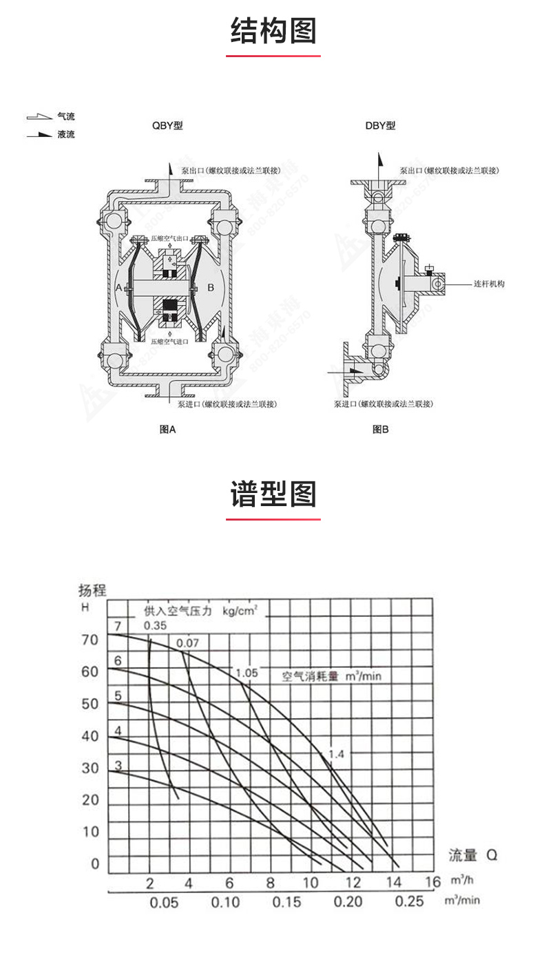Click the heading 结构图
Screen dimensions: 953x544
pos(273,31)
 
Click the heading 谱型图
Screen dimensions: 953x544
pos(273,494)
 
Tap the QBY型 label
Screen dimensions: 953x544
pos(167,126)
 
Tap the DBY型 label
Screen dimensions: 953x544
pos(380,126)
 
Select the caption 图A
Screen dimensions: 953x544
pos(168,429)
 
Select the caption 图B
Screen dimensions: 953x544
pos(381,429)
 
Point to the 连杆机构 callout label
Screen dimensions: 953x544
pos(489,284)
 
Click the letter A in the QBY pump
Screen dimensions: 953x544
pos(118,287)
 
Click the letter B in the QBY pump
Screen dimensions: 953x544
pos(211,287)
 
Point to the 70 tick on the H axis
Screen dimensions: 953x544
pos(90,640)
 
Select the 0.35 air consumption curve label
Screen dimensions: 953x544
pos(155,626)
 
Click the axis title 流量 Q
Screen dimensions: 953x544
pos(472,856)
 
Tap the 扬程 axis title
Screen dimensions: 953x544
pos(93,590)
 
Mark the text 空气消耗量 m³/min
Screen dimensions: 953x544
pos(331,676)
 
